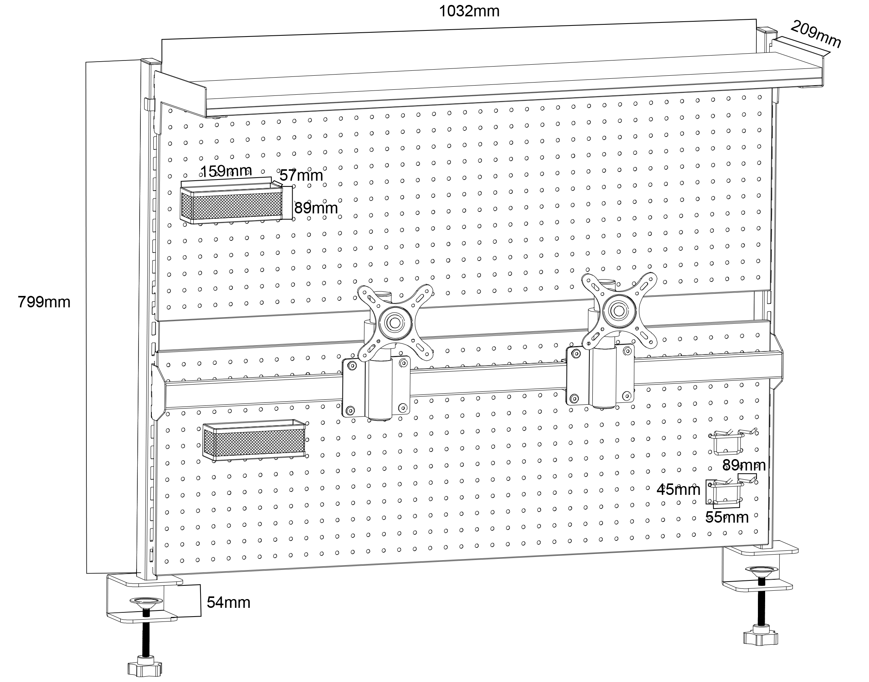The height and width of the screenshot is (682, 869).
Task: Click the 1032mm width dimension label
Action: [x=469, y=11]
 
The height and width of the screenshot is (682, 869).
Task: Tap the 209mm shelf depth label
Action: [x=815, y=34]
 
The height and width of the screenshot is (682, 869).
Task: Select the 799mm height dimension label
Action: [x=44, y=302]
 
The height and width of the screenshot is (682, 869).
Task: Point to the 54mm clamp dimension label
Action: [x=228, y=602]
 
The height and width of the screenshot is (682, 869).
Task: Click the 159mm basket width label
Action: [x=226, y=171]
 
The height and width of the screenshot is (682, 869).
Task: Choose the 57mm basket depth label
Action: [x=301, y=175]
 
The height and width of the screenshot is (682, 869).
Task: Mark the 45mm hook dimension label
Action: [x=678, y=489]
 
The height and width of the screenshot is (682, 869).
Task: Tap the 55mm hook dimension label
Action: [x=727, y=517]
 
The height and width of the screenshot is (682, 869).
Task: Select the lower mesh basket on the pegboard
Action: [x=255, y=440]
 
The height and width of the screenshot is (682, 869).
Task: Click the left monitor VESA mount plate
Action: [x=395, y=323]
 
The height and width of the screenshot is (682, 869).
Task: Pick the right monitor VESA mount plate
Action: [x=619, y=311]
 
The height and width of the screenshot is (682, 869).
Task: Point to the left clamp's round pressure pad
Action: [x=145, y=601]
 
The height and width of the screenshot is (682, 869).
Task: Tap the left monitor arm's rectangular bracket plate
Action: [x=376, y=386]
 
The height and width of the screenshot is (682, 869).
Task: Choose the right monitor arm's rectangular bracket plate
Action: [x=600, y=375]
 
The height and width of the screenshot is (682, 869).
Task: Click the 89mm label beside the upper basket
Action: [x=316, y=208]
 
